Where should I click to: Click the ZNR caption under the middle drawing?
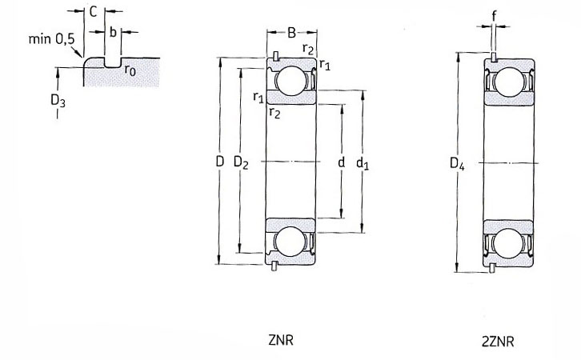click(281, 340)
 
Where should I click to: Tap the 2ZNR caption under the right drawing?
click(498, 341)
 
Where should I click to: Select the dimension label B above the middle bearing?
click(291, 33)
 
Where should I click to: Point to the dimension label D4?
click(457, 163)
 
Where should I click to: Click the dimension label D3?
click(58, 100)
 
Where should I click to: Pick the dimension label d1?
click(363, 163)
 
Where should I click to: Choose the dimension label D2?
click(241, 162)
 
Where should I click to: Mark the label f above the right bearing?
click(494, 16)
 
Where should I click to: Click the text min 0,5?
click(51, 39)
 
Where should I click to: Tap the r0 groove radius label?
click(130, 70)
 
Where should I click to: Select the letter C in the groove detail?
click(93, 12)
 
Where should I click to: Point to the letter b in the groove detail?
click(113, 32)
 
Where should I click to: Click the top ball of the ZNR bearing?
click(291, 81)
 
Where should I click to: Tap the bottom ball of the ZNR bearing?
click(290, 242)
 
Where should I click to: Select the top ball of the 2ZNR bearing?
click(508, 82)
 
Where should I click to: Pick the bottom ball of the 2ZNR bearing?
click(508, 243)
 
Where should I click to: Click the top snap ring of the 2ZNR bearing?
click(494, 58)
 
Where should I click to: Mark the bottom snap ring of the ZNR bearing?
click(274, 266)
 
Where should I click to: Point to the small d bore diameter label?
click(342, 162)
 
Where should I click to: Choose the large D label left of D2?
click(220, 162)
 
